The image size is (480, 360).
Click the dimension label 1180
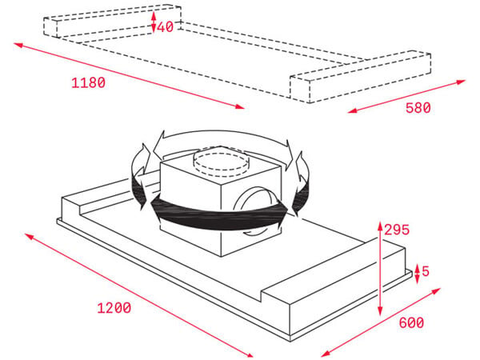[88, 83]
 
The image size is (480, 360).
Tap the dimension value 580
[418, 108]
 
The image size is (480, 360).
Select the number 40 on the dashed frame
[166, 26]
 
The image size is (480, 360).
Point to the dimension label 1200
[114, 308]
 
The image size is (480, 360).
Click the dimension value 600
[411, 322]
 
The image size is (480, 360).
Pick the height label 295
[397, 230]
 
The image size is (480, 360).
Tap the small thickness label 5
[426, 271]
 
